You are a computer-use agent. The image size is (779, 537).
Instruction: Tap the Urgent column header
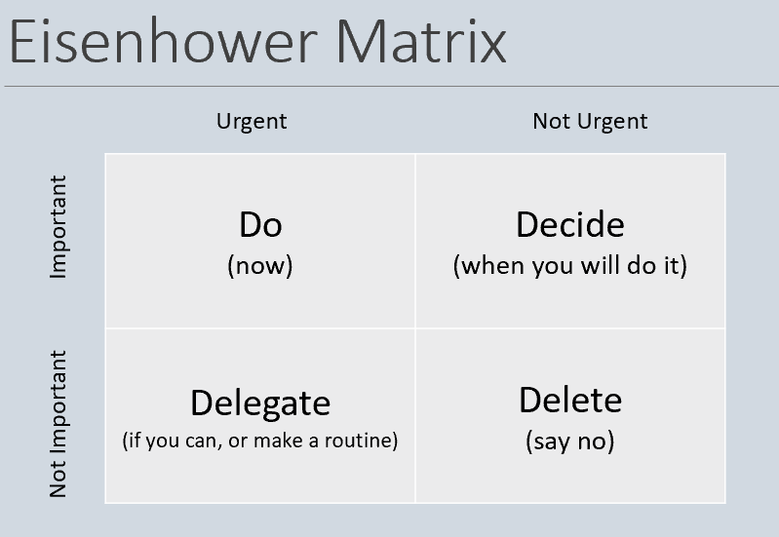tap(252, 121)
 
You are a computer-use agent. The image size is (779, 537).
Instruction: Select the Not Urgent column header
tap(590, 121)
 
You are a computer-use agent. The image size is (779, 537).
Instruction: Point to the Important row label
tap(58, 227)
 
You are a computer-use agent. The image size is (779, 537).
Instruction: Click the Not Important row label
tap(58, 425)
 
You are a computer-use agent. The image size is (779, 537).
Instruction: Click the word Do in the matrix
tap(260, 225)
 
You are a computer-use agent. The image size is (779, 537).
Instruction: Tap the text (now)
tap(260, 265)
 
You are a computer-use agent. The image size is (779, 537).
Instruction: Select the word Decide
tap(570, 225)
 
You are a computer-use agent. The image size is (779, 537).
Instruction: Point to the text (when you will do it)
tap(570, 265)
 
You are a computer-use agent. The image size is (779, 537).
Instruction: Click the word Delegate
tap(260, 403)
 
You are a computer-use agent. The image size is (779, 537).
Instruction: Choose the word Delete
tap(570, 400)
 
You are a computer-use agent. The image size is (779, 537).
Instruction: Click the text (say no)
tap(570, 441)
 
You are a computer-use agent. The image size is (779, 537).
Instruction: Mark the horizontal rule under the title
tap(389, 86)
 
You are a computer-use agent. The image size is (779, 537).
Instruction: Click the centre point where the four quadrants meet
tap(415, 327)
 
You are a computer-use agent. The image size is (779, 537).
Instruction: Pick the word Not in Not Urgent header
tap(548, 121)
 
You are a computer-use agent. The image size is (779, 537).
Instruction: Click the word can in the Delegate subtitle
tap(200, 440)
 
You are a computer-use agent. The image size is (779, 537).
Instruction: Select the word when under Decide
tap(487, 265)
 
